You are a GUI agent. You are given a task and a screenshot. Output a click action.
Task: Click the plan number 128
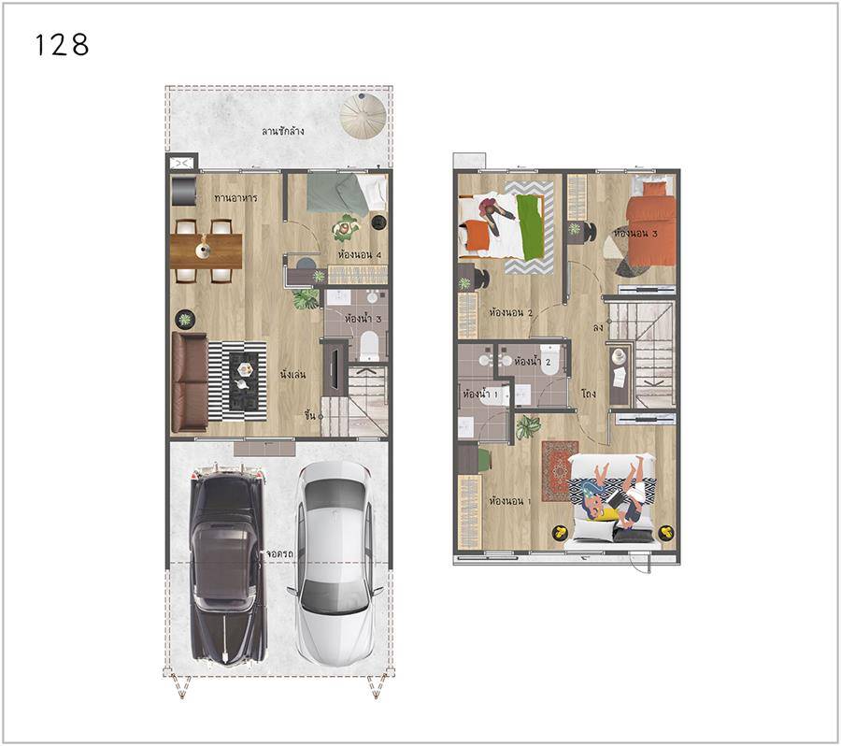(62, 45)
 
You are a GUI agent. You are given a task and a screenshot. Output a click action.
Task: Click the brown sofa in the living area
(190, 381)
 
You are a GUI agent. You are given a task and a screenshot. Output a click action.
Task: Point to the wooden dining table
(207, 251)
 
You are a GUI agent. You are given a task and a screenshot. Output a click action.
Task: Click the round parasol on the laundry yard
(363, 115)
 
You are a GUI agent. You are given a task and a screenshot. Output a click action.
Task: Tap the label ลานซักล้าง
(282, 131)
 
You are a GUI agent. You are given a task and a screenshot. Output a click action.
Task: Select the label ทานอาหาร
(235, 197)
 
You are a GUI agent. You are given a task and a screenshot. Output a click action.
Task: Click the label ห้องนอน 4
(360, 254)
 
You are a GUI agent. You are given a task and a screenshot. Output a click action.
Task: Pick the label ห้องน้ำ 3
(363, 319)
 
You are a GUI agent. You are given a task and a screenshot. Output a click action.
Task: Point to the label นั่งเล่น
(292, 374)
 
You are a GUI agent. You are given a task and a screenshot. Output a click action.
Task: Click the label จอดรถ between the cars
(279, 553)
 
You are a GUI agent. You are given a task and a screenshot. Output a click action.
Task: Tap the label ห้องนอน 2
(510, 312)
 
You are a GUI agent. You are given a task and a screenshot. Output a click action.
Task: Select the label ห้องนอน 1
(510, 501)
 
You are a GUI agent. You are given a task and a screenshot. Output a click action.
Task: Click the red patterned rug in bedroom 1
(559, 470)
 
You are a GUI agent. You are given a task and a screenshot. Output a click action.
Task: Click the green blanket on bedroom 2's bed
(531, 227)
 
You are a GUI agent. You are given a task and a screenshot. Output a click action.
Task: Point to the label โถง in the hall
(589, 394)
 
